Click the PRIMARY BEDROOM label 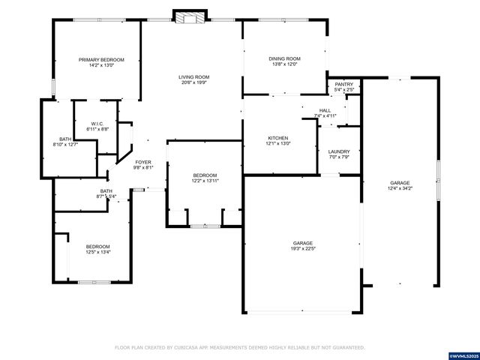102,59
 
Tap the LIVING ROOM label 193,76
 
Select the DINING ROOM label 284,58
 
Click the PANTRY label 343,84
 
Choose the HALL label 325,110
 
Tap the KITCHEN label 279,138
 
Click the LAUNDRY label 339,151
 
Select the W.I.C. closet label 97,124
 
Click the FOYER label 143,162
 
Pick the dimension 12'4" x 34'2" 399,188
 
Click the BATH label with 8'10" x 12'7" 66,145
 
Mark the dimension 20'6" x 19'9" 193,82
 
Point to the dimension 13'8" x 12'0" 284,64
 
